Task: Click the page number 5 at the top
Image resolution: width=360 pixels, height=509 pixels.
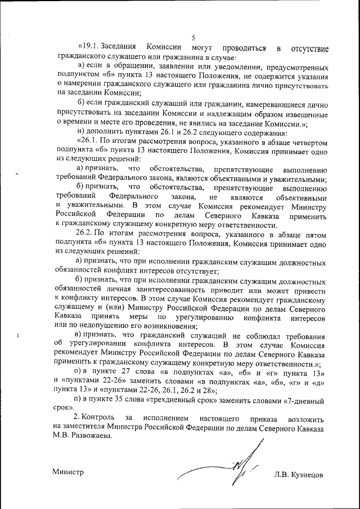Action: coord(193,37)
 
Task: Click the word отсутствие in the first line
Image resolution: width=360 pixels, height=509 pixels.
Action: coord(310,48)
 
